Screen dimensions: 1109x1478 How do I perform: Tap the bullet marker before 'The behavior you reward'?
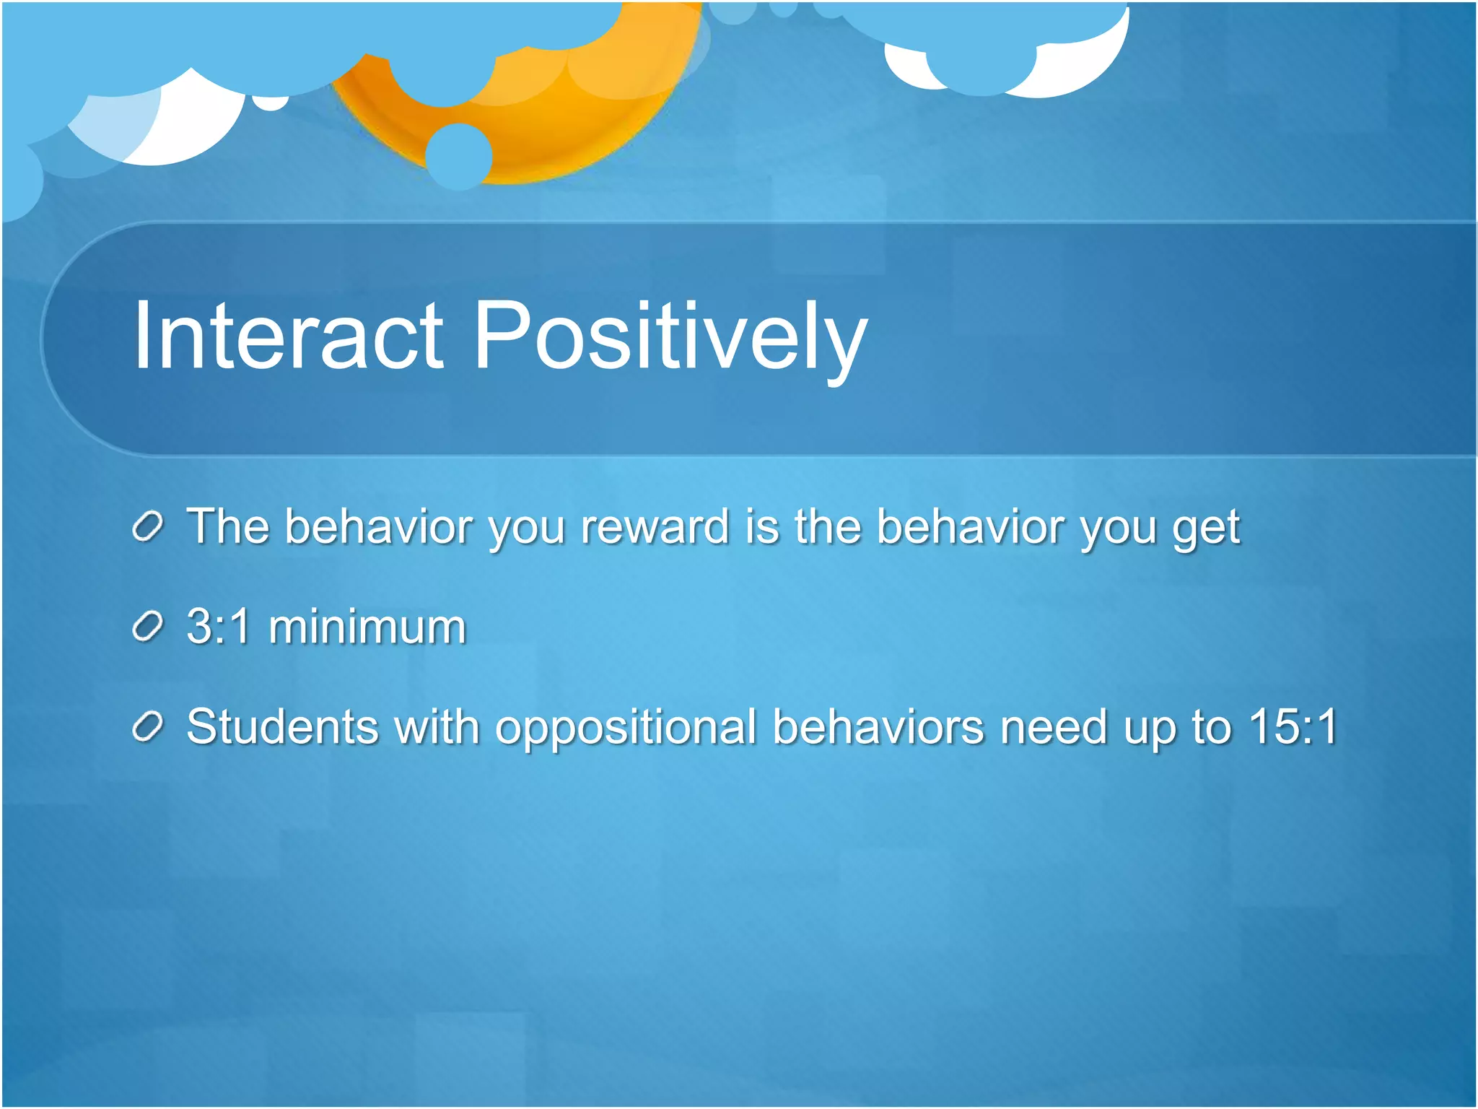click(149, 527)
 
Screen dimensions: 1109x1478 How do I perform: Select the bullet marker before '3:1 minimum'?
click(149, 627)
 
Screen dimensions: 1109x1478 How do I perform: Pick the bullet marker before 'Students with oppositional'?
click(149, 727)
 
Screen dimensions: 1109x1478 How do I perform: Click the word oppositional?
click(625, 728)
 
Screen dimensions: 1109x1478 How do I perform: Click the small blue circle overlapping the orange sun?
click(459, 156)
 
